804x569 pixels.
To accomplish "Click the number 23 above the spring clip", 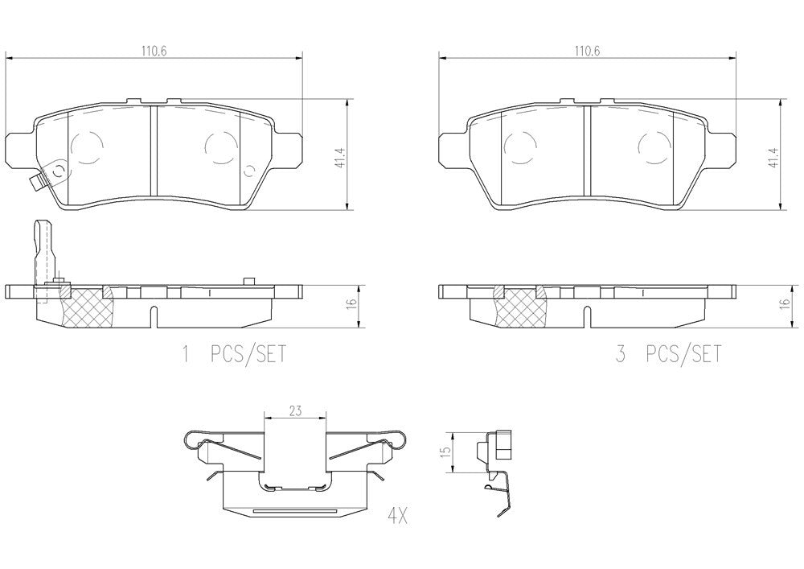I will (x=295, y=410).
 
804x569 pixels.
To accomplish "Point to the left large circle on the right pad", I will (x=519, y=146).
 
